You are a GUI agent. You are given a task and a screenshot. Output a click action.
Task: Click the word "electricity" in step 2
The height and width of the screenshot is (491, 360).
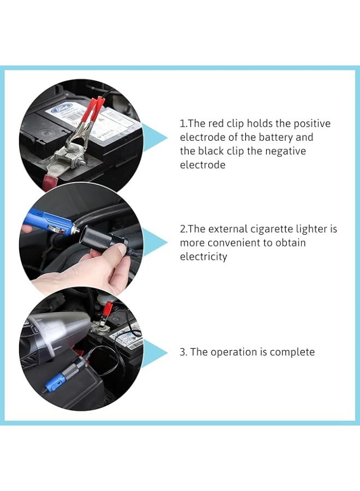pyautogui.click(x=203, y=256)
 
